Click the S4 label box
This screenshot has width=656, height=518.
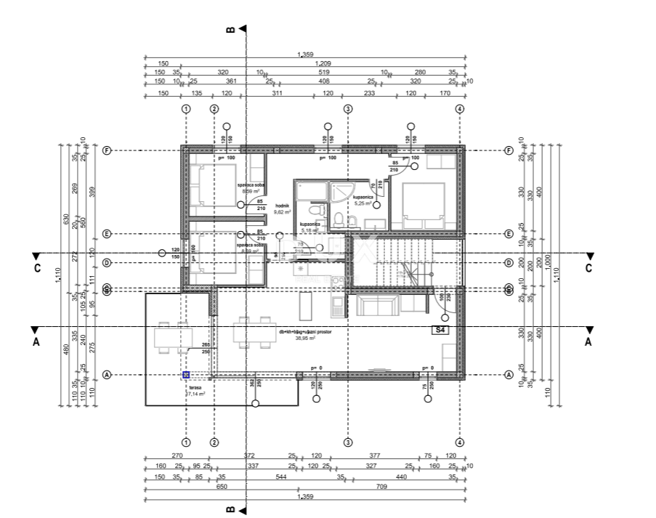click(440, 330)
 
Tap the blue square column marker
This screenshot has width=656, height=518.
click(186, 375)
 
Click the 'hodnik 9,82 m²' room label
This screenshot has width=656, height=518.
click(282, 209)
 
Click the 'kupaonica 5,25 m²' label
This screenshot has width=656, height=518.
click(363, 201)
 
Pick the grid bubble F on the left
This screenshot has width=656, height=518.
click(107, 150)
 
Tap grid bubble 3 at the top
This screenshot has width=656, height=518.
click(348, 109)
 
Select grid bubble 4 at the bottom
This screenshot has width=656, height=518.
click(459, 442)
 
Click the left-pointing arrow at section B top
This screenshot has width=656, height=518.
click(243, 29)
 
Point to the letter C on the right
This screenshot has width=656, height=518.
click(589, 268)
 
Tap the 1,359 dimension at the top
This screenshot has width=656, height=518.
click(305, 54)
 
